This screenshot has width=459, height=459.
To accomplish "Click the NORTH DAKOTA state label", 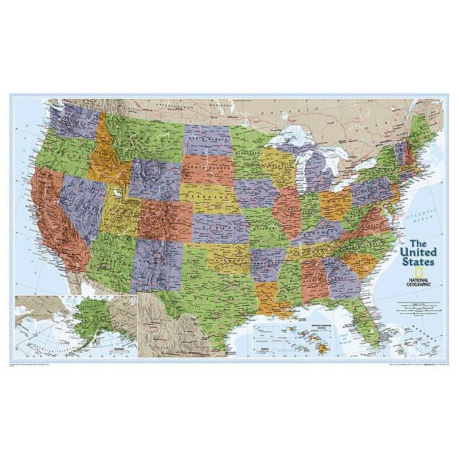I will [208, 137].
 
